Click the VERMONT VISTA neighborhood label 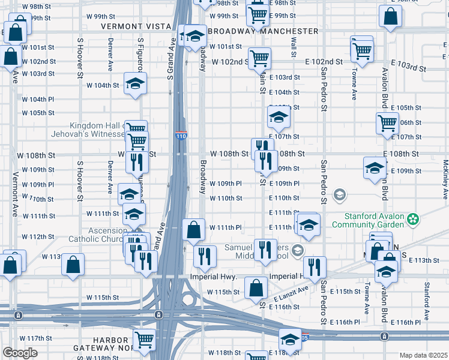pyautogui.click(x=136, y=26)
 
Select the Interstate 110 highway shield pyautogui.click(x=181, y=136)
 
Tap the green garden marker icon pyautogui.click(x=412, y=220)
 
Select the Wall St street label pyautogui.click(x=294, y=41)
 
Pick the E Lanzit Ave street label pyautogui.click(x=291, y=293)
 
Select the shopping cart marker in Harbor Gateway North pyautogui.click(x=144, y=339)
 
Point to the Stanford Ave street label pyautogui.click(x=427, y=292)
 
